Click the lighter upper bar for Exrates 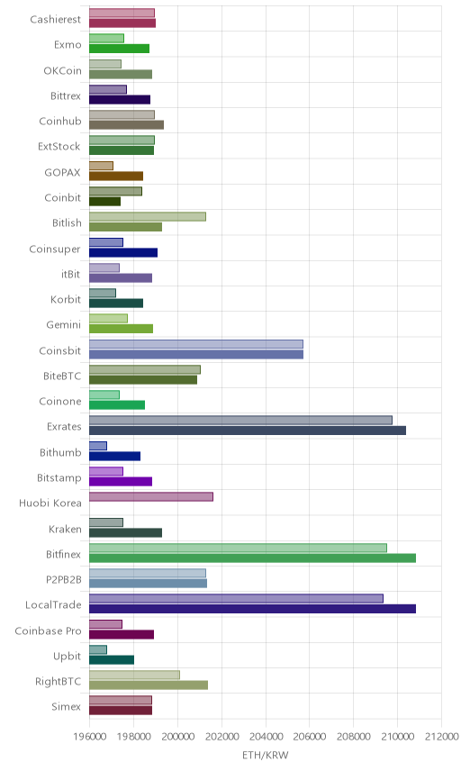240,420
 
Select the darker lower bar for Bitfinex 253,558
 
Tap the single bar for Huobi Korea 151,496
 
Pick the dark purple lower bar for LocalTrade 253,609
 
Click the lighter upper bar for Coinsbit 196,344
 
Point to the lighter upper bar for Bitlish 148,216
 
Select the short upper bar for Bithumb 98,446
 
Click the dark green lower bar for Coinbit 104,202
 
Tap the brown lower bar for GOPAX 116,176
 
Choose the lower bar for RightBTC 149,685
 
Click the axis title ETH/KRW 266,755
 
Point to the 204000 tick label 266,737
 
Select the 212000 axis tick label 442,737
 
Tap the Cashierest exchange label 56,19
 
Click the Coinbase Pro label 48,630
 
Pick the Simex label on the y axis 67,706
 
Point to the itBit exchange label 71,274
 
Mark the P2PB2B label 63,580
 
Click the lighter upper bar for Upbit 98,649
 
